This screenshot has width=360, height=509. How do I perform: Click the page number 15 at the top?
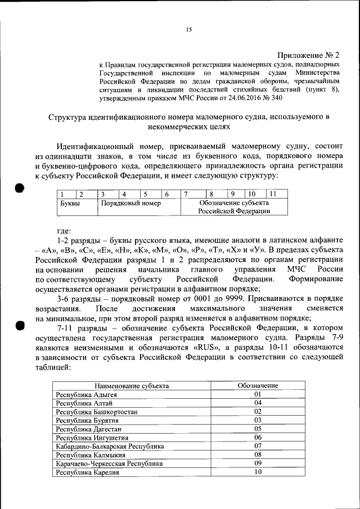coord(189,30)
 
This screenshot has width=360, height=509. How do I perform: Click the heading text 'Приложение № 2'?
coord(309,55)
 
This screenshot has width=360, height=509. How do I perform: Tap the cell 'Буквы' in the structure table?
coord(70,203)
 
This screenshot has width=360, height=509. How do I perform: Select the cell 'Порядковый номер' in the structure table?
coord(130,203)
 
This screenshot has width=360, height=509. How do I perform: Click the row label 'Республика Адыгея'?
coord(85,394)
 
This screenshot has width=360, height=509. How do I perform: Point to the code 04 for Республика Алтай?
coord(258,403)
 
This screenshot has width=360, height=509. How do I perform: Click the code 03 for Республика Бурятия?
coord(258,420)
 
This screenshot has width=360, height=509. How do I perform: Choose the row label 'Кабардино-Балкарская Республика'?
coord(110,446)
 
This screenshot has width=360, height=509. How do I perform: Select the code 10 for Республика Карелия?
coord(258,472)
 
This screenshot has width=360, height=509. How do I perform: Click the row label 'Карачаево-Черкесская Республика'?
coord(110,463)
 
